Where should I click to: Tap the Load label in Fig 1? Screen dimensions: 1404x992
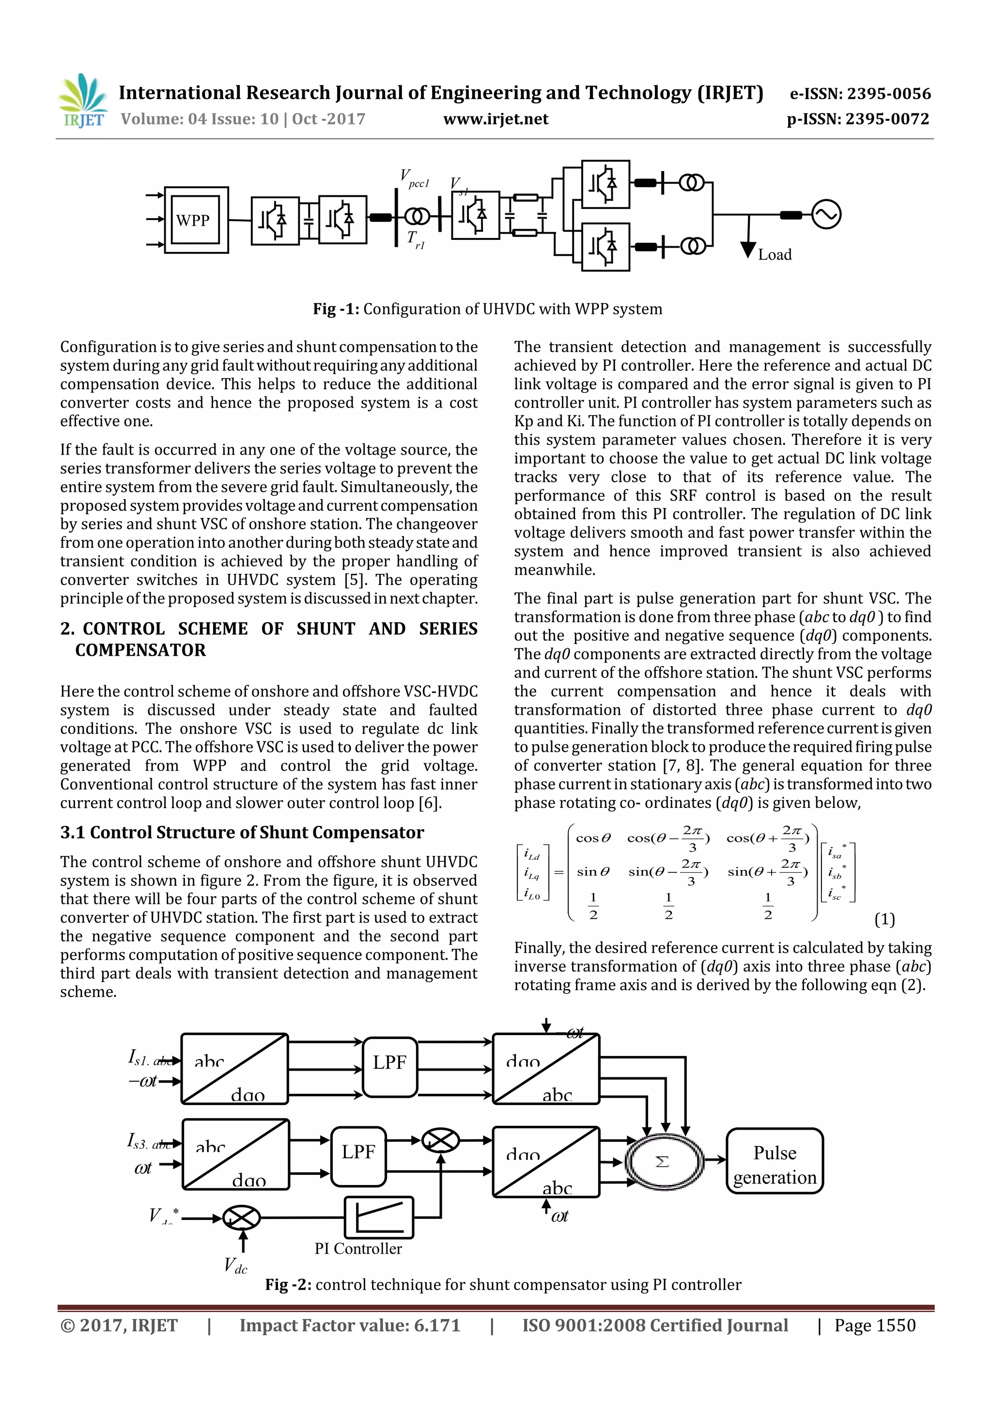coord(775,255)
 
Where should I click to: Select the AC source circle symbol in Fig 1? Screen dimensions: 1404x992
coord(826,215)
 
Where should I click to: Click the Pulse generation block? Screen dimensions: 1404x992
coord(775,1165)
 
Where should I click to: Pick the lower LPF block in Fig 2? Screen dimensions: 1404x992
coord(358,1152)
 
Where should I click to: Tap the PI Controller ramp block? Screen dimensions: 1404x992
coord(379,1217)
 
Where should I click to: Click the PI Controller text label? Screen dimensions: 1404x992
coord(358,1249)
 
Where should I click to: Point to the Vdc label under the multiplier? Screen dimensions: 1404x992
coord(235,1266)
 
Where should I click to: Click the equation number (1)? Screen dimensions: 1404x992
coord(884,919)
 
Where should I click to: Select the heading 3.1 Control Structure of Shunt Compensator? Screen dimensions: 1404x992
coord(242,832)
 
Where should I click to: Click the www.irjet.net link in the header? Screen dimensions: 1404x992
coord(496,119)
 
